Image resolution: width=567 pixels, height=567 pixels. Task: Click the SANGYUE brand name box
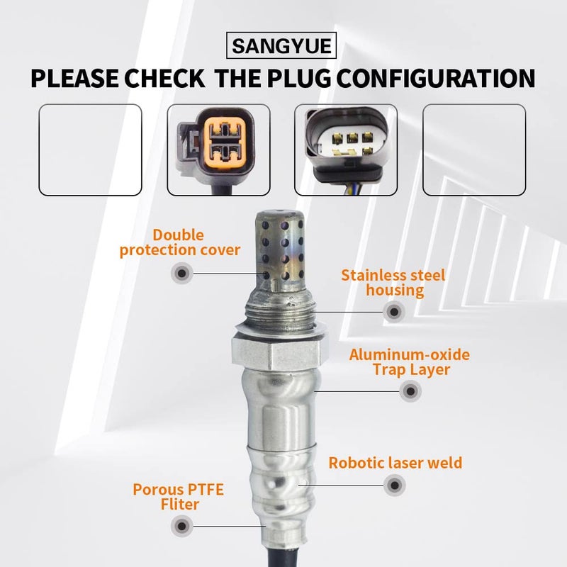click(x=283, y=47)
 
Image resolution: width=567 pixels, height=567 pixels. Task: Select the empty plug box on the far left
click(x=90, y=150)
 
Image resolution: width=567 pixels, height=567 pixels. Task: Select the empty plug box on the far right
click(x=473, y=150)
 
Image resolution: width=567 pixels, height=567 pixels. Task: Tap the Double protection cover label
click(x=180, y=242)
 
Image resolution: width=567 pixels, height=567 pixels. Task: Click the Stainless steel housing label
click(x=393, y=282)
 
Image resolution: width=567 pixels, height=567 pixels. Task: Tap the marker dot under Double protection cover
click(x=182, y=272)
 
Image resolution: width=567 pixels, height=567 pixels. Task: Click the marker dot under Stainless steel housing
click(x=393, y=310)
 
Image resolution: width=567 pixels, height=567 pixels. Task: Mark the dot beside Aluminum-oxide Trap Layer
click(x=409, y=391)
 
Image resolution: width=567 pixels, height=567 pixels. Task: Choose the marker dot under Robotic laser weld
click(x=393, y=487)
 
